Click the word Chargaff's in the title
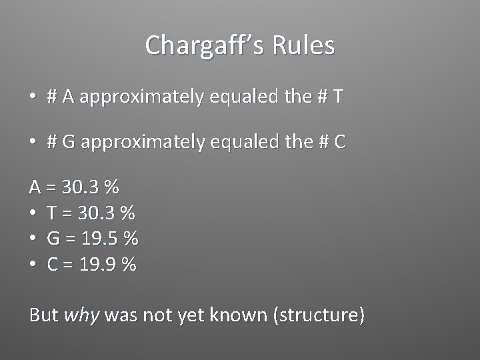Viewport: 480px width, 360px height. tap(199, 46)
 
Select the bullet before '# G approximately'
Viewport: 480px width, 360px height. tap(33, 142)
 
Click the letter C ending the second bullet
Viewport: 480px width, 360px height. tap(340, 142)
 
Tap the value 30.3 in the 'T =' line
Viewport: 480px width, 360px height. tap(95, 213)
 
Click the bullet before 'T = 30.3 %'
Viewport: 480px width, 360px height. tap(33, 213)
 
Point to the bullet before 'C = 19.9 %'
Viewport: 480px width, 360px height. tap(33, 265)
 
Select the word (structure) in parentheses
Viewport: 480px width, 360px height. tap(319, 315)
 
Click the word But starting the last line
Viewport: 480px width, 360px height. tap(43, 315)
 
